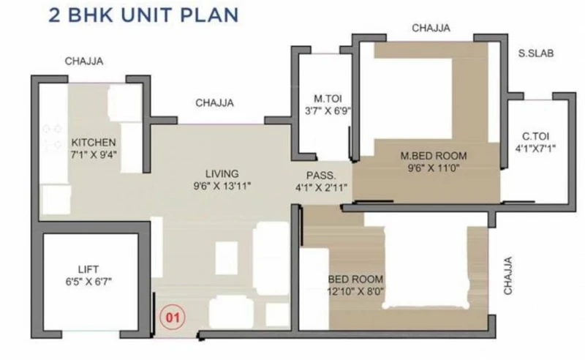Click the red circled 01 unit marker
click(x=173, y=318)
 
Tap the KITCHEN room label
click(x=94, y=142)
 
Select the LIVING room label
click(x=222, y=173)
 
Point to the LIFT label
click(x=88, y=269)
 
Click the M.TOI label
click(x=328, y=99)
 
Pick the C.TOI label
click(x=535, y=136)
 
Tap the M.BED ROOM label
click(x=434, y=156)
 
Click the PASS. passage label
click(x=321, y=176)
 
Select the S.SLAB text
click(x=536, y=53)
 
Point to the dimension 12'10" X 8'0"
click(x=355, y=291)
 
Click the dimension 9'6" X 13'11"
click(x=222, y=186)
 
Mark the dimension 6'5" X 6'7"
click(x=88, y=281)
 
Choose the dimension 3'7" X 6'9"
click(x=328, y=111)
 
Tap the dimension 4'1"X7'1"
click(x=535, y=149)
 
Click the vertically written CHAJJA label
click(x=508, y=276)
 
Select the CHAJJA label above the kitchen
click(x=84, y=61)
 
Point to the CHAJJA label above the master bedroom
click(x=431, y=28)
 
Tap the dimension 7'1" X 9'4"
click(x=94, y=154)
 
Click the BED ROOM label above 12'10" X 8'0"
click(x=355, y=280)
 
